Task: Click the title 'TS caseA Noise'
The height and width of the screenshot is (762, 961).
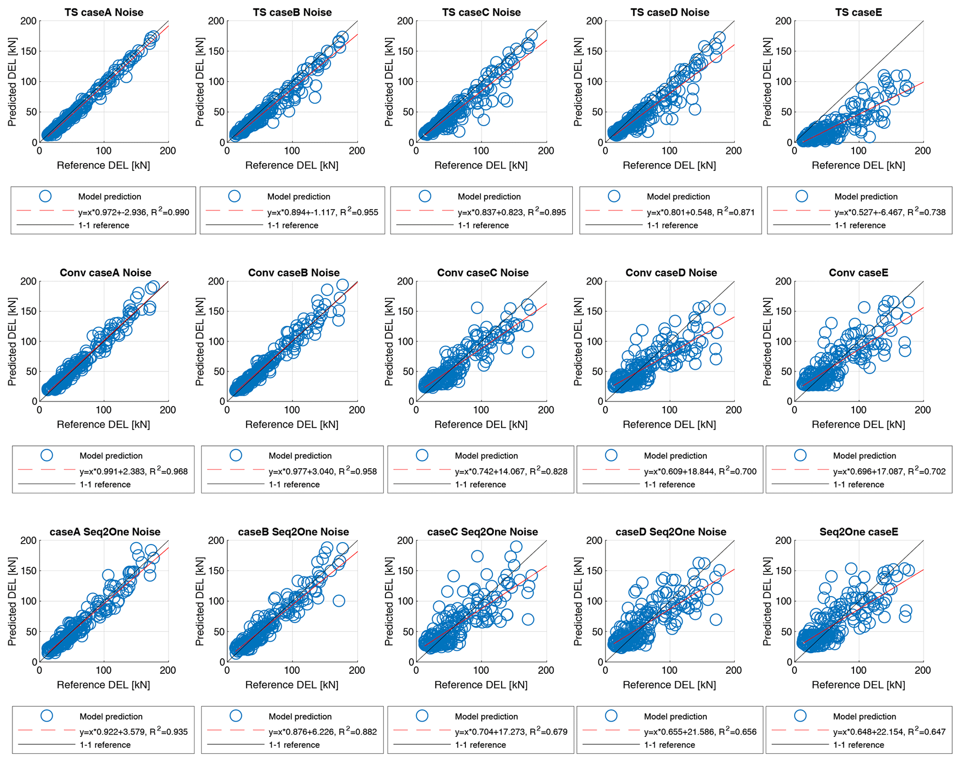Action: pyautogui.click(x=104, y=13)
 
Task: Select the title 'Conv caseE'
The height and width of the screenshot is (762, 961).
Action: pyautogui.click(x=858, y=273)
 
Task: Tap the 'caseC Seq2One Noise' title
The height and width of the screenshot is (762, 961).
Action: pyautogui.click(x=483, y=532)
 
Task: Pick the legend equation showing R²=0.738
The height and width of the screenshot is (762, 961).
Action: pyautogui.click(x=890, y=212)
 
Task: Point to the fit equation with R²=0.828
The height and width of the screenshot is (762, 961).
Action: pyautogui.click(x=511, y=472)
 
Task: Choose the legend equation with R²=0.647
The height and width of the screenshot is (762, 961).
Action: pyautogui.click(x=889, y=732)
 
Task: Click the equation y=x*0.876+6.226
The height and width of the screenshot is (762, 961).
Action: pyautogui.click(x=323, y=732)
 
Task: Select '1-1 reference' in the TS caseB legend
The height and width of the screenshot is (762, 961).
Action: pyautogui.click(x=293, y=225)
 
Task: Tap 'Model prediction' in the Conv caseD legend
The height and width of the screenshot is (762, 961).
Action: pyautogui.click(x=675, y=456)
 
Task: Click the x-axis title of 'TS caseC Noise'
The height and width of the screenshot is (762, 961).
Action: pyautogui.click(x=481, y=165)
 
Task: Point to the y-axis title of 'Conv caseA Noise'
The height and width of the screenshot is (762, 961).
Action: pyautogui.click(x=12, y=342)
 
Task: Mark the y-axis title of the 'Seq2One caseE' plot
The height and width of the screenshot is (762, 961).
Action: pyautogui.click(x=767, y=601)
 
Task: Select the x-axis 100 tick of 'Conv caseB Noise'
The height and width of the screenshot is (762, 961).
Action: pyautogui.click(x=292, y=410)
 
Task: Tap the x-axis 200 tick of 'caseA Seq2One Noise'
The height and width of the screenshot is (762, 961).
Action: pyautogui.click(x=168, y=670)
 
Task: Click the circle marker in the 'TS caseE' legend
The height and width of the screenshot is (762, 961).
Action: pyautogui.click(x=802, y=196)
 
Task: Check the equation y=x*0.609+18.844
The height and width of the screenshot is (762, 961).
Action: pyautogui.click(x=700, y=472)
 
